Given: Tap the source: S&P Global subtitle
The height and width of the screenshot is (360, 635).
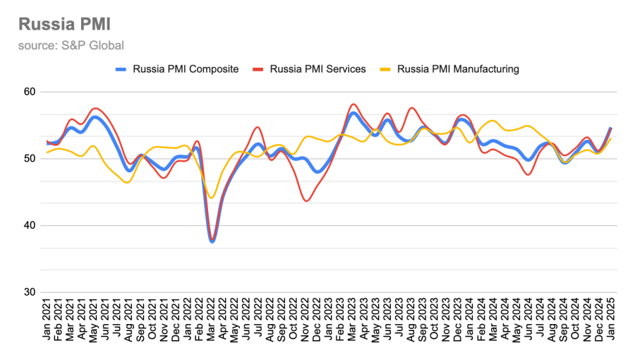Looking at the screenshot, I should coord(71,45).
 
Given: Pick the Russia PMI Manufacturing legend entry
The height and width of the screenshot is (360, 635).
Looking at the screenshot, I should coord(458,69).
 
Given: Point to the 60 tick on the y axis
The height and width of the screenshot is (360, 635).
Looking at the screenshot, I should coord(29,92).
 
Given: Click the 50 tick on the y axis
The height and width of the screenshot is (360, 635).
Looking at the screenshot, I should coord(29,159).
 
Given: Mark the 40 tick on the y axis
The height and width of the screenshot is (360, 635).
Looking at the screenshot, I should coord(29,226).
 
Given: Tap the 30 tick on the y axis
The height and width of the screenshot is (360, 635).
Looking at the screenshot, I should coord(29,292).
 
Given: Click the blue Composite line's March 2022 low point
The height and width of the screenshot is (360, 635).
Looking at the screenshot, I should coord(212,241).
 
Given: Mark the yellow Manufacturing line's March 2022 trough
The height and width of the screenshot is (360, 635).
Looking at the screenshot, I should coord(211,198).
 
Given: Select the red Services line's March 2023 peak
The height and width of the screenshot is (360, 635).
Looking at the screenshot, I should coord(353,104).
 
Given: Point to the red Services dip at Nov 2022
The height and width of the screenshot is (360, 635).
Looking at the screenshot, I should coord(306,201).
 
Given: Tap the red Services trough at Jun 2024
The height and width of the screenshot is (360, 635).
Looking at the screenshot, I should coord(528,174).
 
